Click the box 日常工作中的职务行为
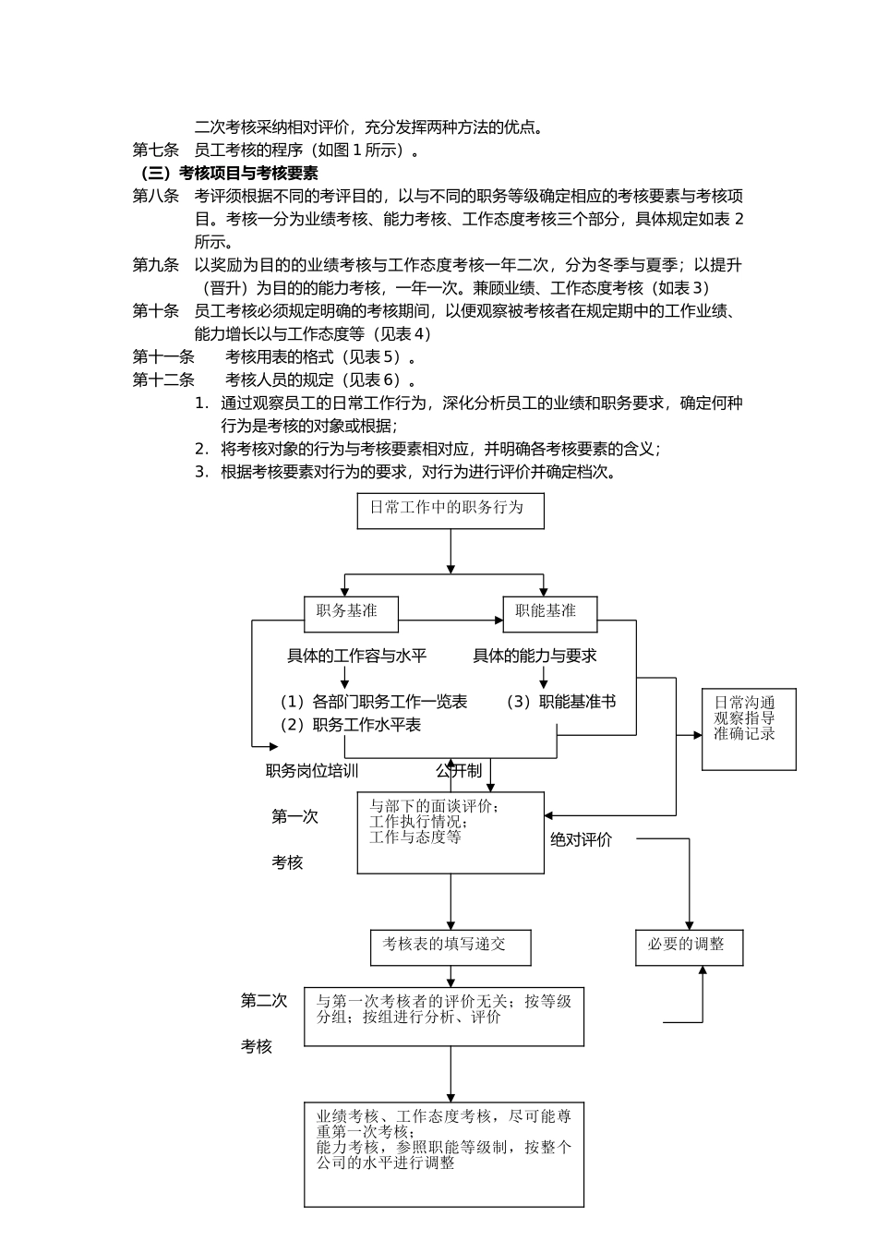[451, 510]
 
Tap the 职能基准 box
[550, 613]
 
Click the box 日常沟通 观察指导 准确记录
[749, 729]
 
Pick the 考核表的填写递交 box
[451, 946]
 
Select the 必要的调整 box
[689, 947]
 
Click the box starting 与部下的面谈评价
[451, 832]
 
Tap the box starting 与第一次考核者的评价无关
[444, 1016]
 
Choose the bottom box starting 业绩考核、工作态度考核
[444, 1153]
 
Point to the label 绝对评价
[581, 839]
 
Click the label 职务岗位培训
[312, 771]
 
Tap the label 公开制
[459, 771]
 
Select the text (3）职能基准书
[560, 702]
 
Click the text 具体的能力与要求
[535, 656]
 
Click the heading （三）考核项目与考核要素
[230, 173]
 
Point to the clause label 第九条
[156, 265]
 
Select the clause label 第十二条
[163, 380]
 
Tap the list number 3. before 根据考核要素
[201, 472]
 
